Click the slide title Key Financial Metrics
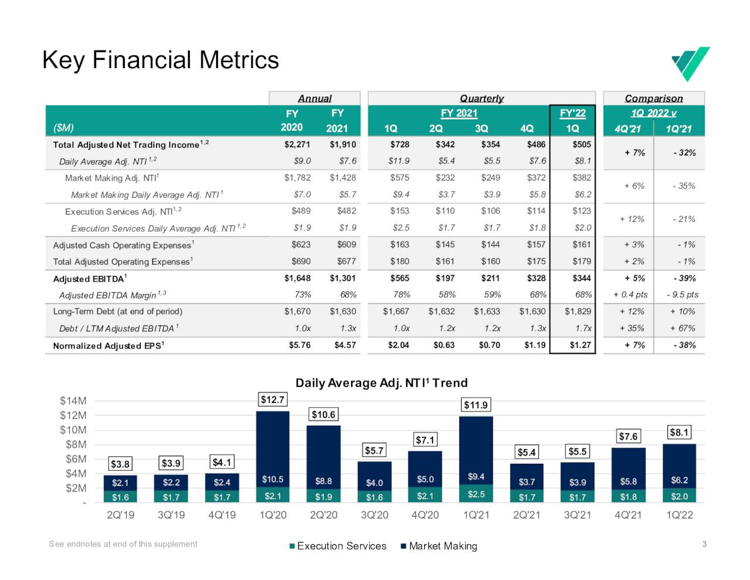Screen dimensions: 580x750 161,60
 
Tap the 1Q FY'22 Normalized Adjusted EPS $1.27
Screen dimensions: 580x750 580,345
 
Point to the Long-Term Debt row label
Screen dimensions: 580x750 118,311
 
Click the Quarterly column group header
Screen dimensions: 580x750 482,99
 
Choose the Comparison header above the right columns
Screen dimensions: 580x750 653,99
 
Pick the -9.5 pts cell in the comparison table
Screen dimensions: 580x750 683,295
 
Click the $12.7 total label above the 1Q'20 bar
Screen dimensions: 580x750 272,400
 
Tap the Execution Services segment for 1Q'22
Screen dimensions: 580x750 679,496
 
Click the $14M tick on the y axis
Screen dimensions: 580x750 73,401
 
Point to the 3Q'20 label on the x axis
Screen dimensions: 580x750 374,515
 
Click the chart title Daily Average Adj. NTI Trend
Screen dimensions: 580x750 381,383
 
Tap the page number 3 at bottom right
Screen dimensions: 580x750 704,544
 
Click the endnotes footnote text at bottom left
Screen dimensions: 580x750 123,544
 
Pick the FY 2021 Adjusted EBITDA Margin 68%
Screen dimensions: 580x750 348,295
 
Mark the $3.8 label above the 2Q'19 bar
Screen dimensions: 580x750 120,464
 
